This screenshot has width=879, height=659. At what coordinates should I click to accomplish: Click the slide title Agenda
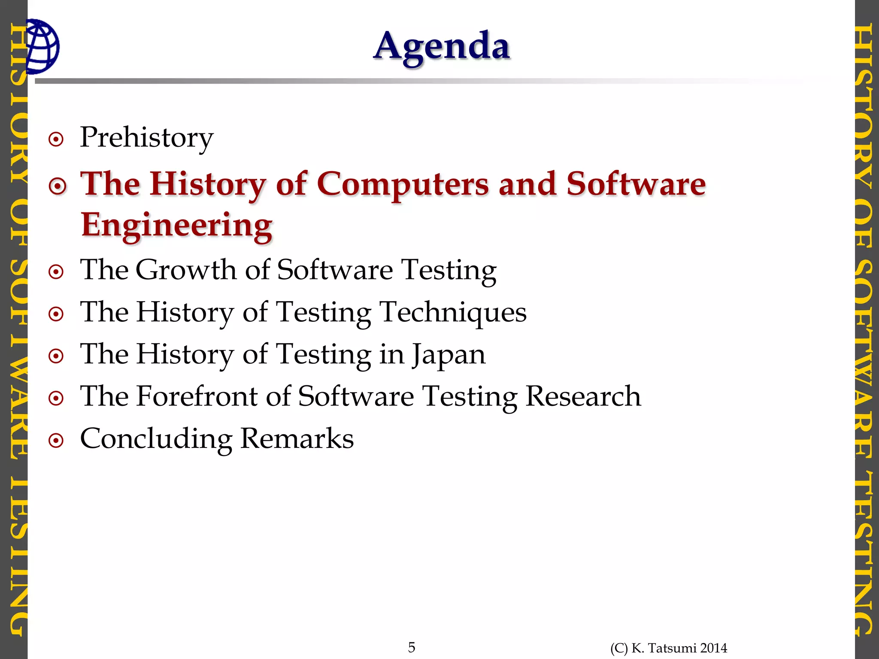pyautogui.click(x=442, y=46)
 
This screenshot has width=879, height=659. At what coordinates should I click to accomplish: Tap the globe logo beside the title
pyautogui.click(x=42, y=46)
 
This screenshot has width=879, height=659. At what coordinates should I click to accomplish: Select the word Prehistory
pyautogui.click(x=146, y=138)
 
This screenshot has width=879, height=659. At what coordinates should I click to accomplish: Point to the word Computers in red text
pyautogui.click(x=403, y=184)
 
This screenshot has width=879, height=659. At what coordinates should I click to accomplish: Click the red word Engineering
pyautogui.click(x=176, y=225)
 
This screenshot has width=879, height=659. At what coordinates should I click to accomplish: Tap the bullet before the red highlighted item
pyautogui.click(x=58, y=186)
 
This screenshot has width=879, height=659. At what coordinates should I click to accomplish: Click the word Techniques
pyautogui.click(x=453, y=312)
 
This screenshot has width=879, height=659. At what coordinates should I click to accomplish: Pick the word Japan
pyautogui.click(x=449, y=354)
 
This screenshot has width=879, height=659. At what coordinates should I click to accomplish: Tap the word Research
pyautogui.click(x=583, y=396)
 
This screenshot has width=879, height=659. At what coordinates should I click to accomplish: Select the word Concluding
pyautogui.click(x=156, y=439)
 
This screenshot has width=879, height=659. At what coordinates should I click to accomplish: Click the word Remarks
pyautogui.click(x=297, y=439)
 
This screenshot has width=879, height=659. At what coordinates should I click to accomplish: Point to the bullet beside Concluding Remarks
pyautogui.click(x=56, y=441)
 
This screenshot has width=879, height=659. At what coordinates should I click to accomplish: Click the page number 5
pyautogui.click(x=412, y=647)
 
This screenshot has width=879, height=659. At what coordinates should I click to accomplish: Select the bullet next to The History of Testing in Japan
pyautogui.click(x=56, y=356)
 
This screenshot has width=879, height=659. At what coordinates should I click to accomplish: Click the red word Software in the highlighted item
pyautogui.click(x=636, y=184)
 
